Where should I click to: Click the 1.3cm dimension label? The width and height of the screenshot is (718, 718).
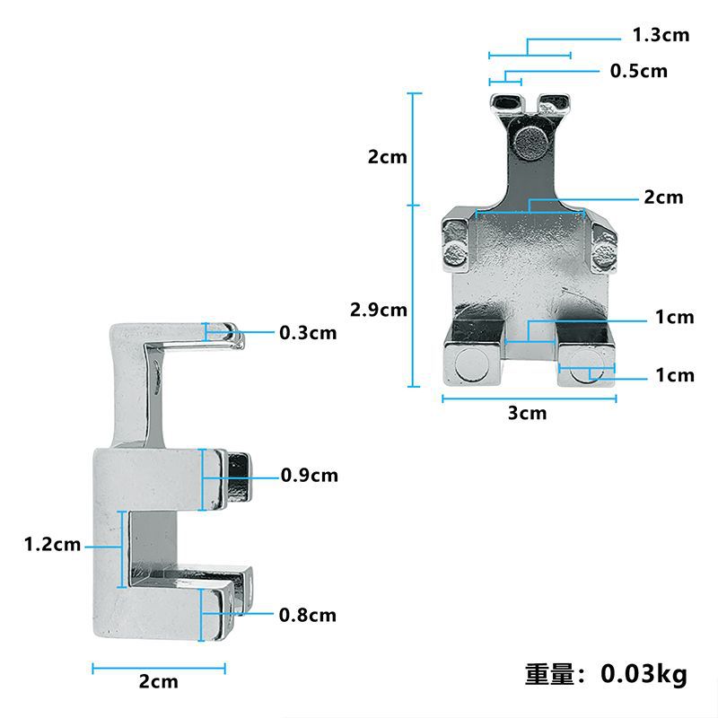point(661,35)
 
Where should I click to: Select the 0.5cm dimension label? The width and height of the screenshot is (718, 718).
point(639,72)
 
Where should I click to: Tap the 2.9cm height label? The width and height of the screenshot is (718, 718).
point(379,310)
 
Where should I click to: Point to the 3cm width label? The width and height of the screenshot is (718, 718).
point(528,413)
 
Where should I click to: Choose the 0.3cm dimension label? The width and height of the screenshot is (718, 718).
point(308,333)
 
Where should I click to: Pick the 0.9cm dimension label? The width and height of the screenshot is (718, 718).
point(310,476)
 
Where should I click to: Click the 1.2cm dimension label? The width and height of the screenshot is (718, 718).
point(52,545)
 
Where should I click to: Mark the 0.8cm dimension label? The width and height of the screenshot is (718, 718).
point(308,615)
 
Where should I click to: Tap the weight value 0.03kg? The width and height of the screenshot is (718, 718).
point(644,674)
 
